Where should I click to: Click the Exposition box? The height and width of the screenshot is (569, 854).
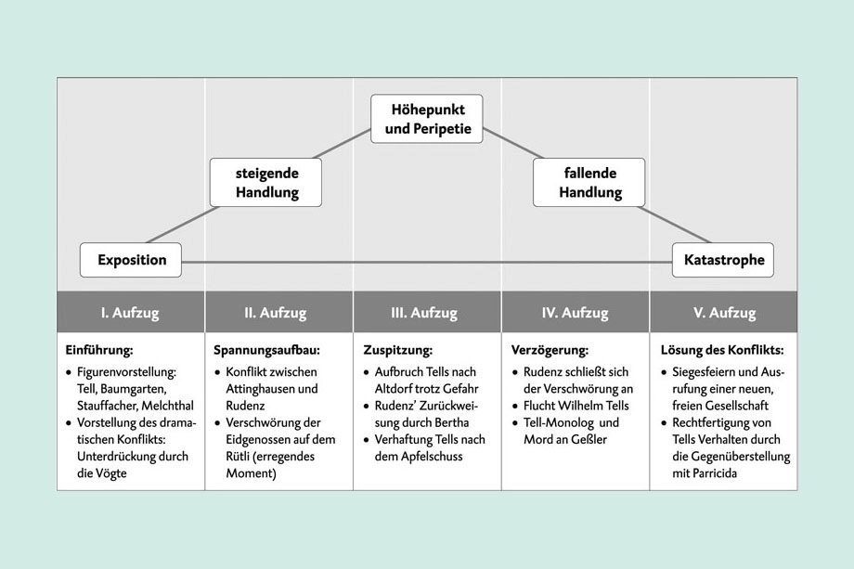pos(130,260)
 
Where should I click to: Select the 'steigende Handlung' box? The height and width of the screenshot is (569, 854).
pos(266,182)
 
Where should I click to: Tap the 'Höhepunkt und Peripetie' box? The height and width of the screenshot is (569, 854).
pos(427,118)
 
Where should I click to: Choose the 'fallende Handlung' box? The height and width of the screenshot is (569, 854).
pos(589,182)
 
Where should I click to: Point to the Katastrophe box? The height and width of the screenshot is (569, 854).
pos(723,260)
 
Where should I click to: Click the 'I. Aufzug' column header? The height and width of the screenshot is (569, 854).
pos(130,313)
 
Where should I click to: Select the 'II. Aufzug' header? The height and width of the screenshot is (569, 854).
pos(278,313)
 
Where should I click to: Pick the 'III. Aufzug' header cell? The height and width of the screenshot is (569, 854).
pos(426,313)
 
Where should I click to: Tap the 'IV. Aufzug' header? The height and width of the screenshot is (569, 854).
pos(575,313)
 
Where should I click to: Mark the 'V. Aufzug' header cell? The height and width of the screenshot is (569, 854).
pos(723,313)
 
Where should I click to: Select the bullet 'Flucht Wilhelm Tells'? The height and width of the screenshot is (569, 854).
pos(577,406)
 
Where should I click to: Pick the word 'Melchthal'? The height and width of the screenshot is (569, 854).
pos(167,406)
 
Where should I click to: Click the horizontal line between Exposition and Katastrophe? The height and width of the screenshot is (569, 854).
pos(427,263)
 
